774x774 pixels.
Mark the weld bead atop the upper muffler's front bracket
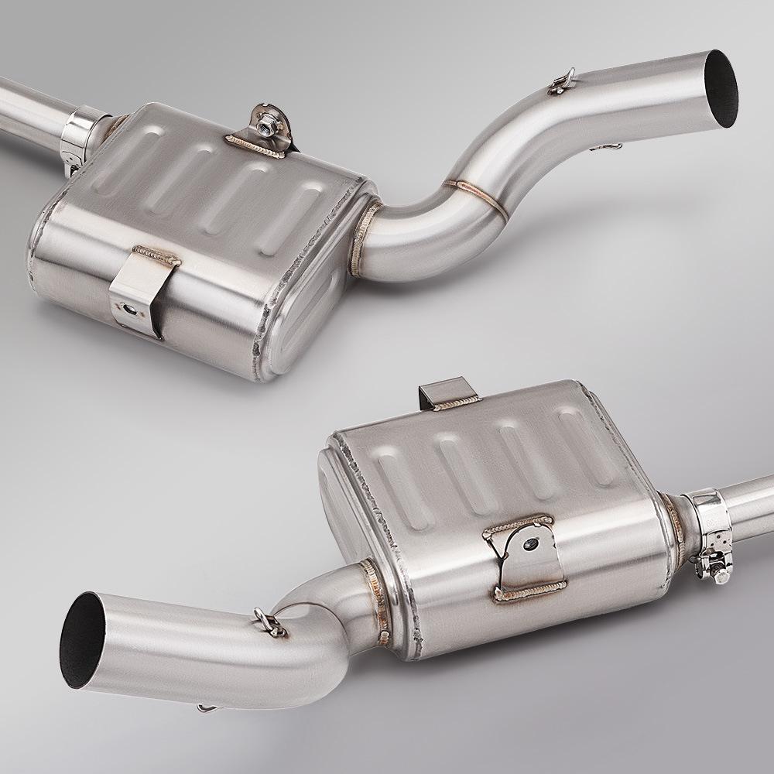(156, 255)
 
